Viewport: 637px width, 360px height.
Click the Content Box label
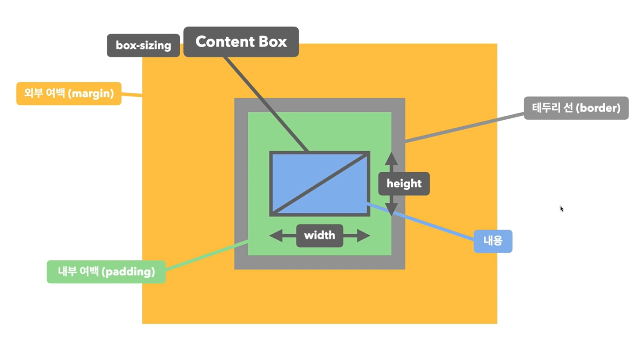pyautogui.click(x=241, y=42)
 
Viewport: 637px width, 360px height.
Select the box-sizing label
pyautogui.click(x=143, y=45)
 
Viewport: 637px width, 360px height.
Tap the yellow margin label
pyautogui.click(x=68, y=94)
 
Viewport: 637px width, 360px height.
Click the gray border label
pyautogui.click(x=576, y=108)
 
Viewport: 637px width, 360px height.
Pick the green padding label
pyautogui.click(x=106, y=272)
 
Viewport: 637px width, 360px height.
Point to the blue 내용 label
pyautogui.click(x=493, y=241)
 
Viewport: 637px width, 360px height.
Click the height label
pyautogui.click(x=404, y=183)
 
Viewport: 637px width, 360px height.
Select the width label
pyautogui.click(x=319, y=235)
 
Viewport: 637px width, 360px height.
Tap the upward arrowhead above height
pyautogui.click(x=391, y=158)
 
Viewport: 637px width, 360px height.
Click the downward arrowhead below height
pyautogui.click(x=391, y=209)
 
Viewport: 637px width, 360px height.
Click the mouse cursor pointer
pyautogui.click(x=561, y=208)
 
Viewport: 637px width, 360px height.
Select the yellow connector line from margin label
pyautogui.click(x=132, y=94)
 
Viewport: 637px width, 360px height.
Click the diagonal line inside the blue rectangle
pyautogui.click(x=320, y=184)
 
